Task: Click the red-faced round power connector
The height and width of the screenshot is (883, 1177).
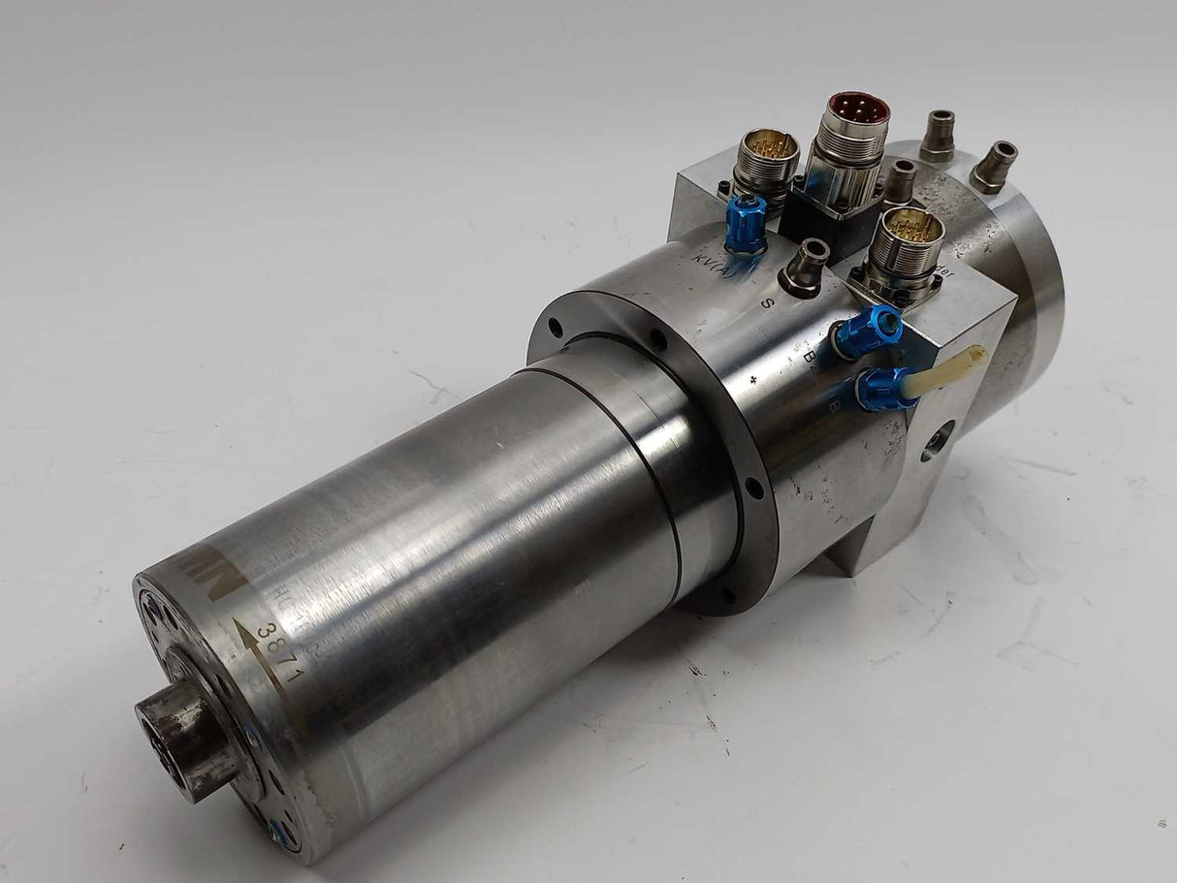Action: (x=856, y=110)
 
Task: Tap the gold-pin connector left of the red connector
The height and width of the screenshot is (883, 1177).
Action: (x=766, y=155)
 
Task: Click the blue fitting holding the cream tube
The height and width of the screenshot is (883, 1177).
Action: (x=884, y=389)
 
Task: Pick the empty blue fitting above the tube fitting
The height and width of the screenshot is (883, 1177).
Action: (x=868, y=332)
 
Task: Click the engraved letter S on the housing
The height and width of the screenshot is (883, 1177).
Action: (x=768, y=300)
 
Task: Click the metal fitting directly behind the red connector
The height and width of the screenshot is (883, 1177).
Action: (x=937, y=134)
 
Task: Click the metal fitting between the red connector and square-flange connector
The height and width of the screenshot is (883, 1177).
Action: (x=902, y=179)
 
